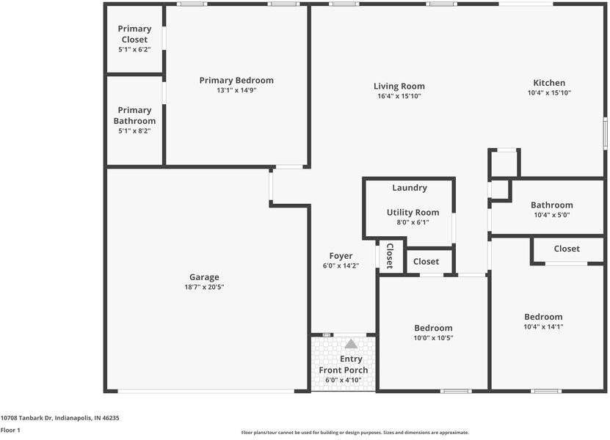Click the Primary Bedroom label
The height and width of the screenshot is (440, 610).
pos(236,81)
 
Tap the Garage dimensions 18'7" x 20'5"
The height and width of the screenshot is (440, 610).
pos(204,287)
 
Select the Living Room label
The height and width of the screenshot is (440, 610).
pos(399,87)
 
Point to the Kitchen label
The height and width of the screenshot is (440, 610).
pos(549,83)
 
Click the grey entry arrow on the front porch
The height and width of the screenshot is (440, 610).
pos(351,344)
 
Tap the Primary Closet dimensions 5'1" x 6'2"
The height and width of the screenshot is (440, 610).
pos(134,50)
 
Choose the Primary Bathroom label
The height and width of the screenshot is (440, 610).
pos(134,115)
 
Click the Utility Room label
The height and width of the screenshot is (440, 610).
pos(413,213)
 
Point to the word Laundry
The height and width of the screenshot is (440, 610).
pos(410,188)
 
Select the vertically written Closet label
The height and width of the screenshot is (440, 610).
pos(390,256)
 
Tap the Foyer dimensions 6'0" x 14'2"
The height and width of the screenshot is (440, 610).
pos(341,266)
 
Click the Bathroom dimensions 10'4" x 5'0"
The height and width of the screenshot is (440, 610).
pos(552,215)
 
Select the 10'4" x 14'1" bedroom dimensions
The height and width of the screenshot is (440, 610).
pos(543,327)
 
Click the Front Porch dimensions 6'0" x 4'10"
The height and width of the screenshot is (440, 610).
pos(344,380)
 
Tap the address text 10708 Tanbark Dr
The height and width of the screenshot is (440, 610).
pos(26,418)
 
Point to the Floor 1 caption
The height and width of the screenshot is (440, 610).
pos(10,430)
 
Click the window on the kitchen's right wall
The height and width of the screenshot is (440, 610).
pos(606,133)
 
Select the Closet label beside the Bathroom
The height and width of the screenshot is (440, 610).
pos(567,249)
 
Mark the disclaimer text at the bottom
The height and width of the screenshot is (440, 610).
pos(355,433)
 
